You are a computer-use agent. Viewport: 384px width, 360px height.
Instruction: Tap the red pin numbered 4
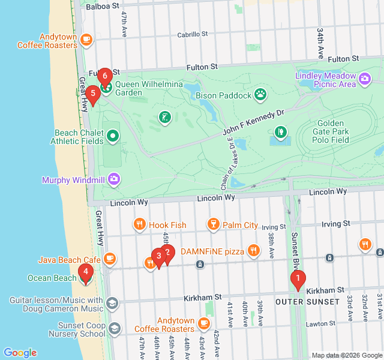(86, 274)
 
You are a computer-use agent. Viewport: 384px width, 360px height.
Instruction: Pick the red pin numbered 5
(92, 94)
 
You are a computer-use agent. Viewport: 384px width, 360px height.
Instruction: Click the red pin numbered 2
(167, 253)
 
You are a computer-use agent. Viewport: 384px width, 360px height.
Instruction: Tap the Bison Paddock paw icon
(260, 94)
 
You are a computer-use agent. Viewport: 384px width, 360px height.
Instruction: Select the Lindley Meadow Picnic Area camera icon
(364, 79)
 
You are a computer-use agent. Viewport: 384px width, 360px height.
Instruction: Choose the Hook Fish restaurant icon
(139, 225)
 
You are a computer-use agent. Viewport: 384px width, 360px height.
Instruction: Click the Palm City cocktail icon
(212, 225)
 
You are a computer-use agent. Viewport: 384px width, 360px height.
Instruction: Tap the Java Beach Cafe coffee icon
(109, 259)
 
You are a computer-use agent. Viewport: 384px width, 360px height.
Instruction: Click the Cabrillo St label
(192, 35)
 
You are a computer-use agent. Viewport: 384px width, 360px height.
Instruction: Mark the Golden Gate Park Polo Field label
(340, 131)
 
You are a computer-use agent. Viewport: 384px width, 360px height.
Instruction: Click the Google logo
(20, 353)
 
